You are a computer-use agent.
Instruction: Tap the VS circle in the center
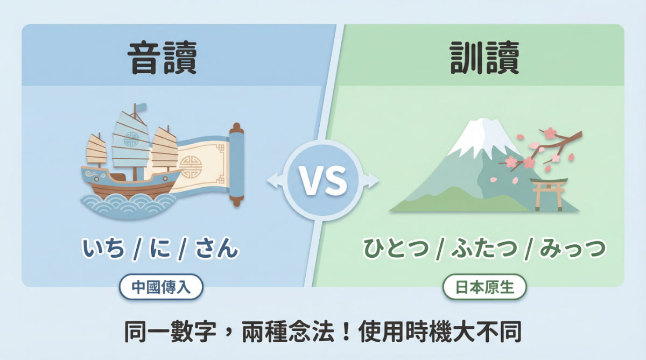tap(323, 181)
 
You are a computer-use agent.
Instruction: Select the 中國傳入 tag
tap(161, 286)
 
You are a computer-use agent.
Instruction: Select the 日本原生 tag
tap(484, 286)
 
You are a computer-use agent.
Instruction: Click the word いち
tap(104, 249)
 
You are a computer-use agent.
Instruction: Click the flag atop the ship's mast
tap(138, 108)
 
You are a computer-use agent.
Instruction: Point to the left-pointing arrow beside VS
tap(272, 181)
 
